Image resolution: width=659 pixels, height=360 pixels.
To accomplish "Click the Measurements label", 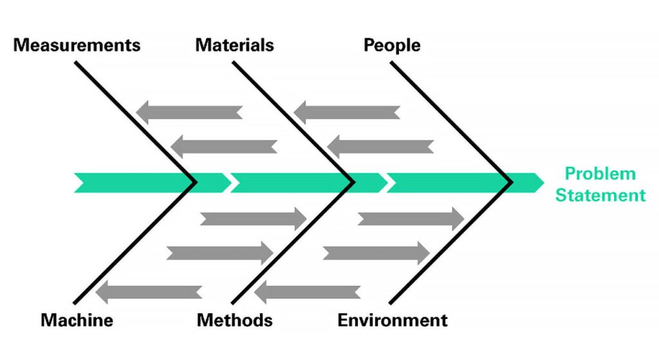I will point(77,46).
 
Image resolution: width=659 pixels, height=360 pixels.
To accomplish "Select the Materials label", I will point(234,46).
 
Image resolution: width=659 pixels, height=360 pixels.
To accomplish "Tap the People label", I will point(392,46).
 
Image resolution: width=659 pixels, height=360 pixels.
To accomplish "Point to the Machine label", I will point(77,320).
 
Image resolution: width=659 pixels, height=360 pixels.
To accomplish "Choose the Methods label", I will point(234,320).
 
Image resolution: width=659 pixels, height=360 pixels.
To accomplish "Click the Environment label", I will point(393,320).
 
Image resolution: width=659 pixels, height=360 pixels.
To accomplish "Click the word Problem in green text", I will point(600,174).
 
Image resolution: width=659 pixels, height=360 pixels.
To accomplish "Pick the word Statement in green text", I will point(600,195).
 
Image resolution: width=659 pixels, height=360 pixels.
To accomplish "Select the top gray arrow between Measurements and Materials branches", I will point(189,112).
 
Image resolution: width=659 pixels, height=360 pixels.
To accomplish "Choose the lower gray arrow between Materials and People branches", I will point(380,147).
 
